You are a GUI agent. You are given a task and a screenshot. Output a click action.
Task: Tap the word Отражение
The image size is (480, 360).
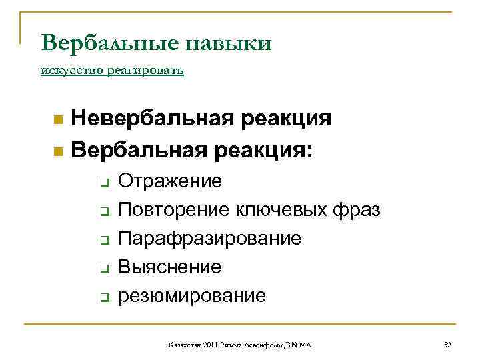click(x=170, y=181)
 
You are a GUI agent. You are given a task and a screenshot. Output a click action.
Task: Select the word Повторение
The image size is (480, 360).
click(x=174, y=210)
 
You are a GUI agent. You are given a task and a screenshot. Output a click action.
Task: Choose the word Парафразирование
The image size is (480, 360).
click(x=209, y=239)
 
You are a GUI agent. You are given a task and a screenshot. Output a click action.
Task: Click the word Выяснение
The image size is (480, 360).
click(x=169, y=267)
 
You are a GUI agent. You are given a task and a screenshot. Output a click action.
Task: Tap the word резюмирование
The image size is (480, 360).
click(x=191, y=295)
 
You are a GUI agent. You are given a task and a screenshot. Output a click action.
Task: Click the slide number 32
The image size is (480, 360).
click(x=447, y=345)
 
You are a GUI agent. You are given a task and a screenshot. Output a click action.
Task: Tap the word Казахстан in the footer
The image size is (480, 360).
click(x=183, y=345)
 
